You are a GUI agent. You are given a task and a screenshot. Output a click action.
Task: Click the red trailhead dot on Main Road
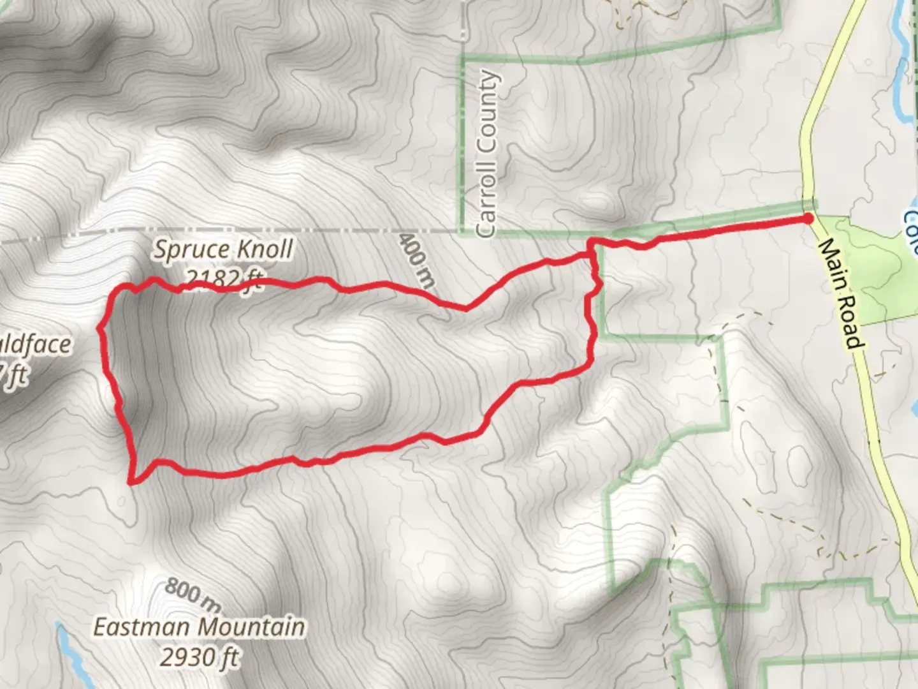pos(808,219)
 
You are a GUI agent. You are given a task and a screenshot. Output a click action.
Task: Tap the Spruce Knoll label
pos(222,249)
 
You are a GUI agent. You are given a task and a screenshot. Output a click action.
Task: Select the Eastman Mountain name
pos(199,626)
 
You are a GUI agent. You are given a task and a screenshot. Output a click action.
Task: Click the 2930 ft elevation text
pos(200,656)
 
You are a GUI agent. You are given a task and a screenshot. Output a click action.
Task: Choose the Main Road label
pos(841,293)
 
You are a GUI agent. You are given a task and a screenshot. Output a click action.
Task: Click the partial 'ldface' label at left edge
pos(35,344)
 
